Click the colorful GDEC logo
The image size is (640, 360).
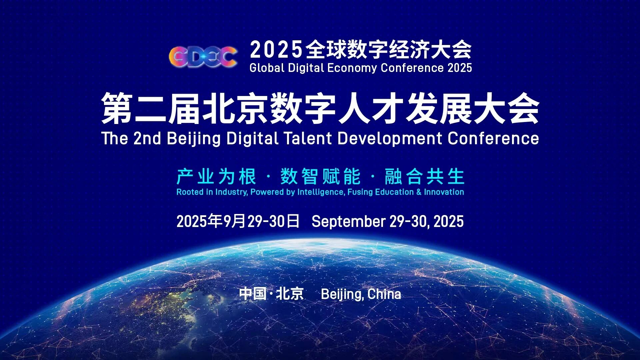tap(203, 56)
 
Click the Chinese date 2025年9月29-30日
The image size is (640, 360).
tap(238, 221)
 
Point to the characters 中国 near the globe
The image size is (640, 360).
tap(253, 294)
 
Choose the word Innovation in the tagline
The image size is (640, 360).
tap(444, 192)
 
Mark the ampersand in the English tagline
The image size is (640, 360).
tap(419, 192)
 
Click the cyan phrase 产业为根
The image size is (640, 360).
tap(216, 176)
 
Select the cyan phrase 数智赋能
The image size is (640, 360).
tap(320, 176)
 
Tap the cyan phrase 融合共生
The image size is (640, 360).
tap(424, 176)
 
